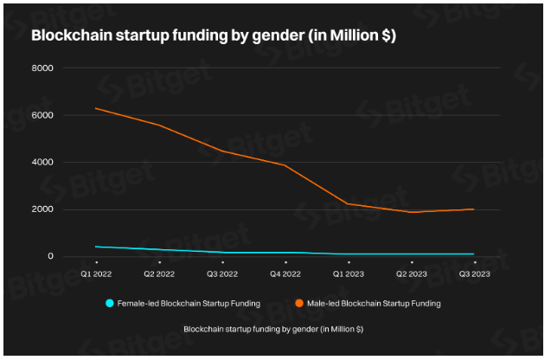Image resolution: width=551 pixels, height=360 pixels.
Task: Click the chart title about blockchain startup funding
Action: pos(214,35)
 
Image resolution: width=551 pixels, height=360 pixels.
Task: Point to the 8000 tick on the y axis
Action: pos(42,68)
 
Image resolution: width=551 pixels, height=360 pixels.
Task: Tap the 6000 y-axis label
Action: pos(42,115)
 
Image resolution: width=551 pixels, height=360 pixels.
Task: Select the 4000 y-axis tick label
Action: pos(42,163)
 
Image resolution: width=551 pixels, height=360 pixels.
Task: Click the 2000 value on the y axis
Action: pos(42,209)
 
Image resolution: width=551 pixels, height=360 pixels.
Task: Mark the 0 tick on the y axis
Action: pos(51,256)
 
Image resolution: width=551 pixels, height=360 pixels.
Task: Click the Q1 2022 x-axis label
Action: pos(97,273)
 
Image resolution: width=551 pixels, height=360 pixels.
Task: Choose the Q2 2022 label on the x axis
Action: pos(160,273)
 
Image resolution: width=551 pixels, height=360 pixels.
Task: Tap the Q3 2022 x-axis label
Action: pos(222,273)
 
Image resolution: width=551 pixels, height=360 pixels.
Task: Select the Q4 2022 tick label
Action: pos(285,273)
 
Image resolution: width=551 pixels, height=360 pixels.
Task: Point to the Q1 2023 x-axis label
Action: pos(348,273)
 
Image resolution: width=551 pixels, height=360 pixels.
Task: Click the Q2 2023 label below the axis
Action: pos(411,273)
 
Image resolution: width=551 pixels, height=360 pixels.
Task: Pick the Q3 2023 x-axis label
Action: pos(473,273)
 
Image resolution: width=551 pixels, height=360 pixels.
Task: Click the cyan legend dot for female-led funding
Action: pos(110,303)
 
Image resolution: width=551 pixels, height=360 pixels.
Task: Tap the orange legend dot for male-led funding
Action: pos(298,303)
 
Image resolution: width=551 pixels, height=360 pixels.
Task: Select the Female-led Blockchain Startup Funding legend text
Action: pos(189,304)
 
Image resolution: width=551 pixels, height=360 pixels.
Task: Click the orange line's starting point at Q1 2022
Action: pos(97,108)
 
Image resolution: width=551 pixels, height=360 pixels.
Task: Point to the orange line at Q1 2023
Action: pos(348,203)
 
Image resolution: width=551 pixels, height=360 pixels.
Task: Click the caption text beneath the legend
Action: pos(273,329)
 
